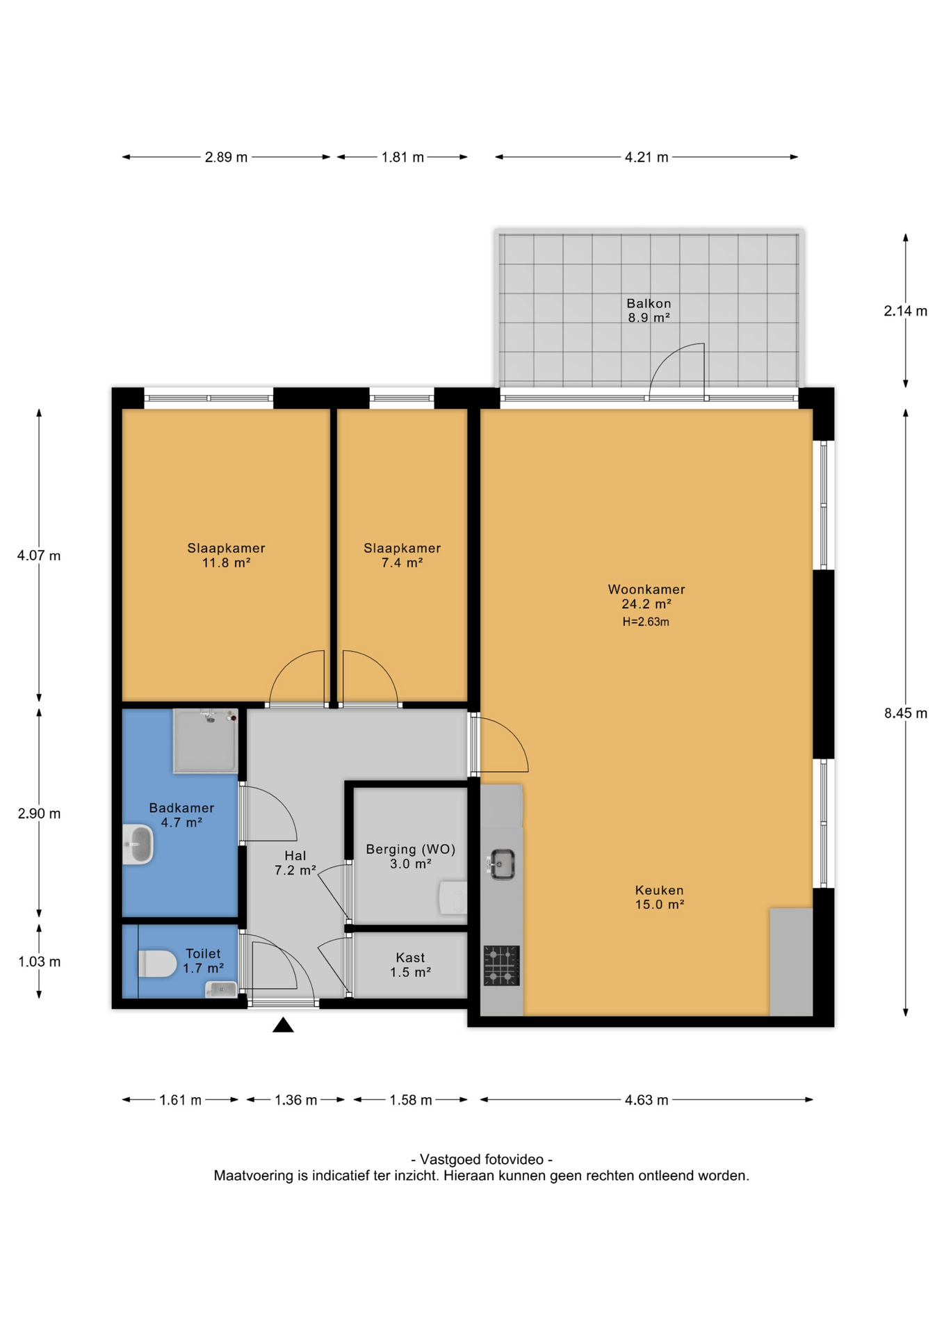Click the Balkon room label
(649, 303)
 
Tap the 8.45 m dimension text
(906, 713)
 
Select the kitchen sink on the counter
(501, 864)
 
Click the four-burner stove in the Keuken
(501, 965)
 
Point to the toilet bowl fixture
(158, 964)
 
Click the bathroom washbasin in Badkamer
(138, 844)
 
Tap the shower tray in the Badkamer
(205, 741)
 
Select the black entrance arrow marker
(283, 1024)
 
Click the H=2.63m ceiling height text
(646, 622)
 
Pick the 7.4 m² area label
(402, 563)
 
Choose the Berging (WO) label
(411, 849)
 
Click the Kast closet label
(410, 957)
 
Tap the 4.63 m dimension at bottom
(646, 1100)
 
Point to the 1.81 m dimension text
(402, 157)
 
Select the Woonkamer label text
(646, 589)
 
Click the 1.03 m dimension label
(40, 962)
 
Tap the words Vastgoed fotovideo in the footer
(482, 1159)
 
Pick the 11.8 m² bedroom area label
(226, 563)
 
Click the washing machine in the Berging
(453, 898)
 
